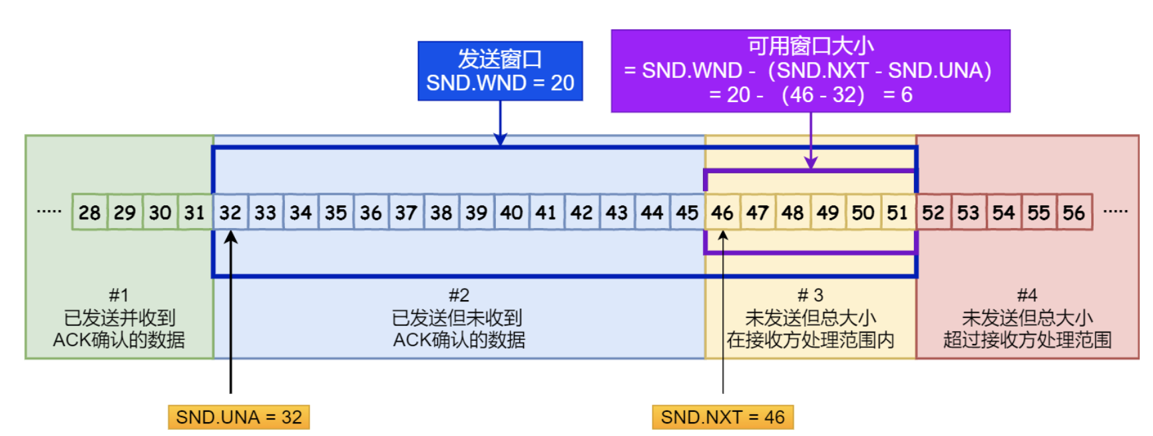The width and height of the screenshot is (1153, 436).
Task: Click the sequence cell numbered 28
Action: (x=89, y=212)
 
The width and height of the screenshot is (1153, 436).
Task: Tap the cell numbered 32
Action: (x=230, y=212)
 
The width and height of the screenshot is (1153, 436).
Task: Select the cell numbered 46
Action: (x=722, y=212)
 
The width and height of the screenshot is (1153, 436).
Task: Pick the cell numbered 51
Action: (x=897, y=212)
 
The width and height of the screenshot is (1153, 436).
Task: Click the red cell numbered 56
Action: (x=1074, y=212)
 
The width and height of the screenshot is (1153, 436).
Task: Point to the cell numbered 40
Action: (x=511, y=212)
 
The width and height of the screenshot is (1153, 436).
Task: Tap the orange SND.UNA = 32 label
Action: (x=239, y=417)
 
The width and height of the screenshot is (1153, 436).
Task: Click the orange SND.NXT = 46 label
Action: (x=723, y=417)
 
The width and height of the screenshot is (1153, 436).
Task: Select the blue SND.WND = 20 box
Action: (x=500, y=71)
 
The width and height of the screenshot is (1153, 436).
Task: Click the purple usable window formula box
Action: (x=810, y=71)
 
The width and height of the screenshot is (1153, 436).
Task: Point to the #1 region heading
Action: (x=118, y=295)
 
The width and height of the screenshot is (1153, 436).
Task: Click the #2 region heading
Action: (x=459, y=295)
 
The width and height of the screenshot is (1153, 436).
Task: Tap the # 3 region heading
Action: (x=810, y=295)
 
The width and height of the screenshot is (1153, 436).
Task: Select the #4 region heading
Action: (x=1027, y=295)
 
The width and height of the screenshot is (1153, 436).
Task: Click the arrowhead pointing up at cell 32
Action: (x=231, y=237)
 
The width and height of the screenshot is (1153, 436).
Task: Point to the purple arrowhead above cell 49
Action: (x=811, y=163)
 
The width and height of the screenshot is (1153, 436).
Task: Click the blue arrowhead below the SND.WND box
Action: (x=500, y=139)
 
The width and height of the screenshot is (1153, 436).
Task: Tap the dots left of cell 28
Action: (x=49, y=211)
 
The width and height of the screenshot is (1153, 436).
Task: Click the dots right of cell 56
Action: (x=1115, y=211)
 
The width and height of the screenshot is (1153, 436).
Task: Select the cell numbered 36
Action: (x=371, y=212)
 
